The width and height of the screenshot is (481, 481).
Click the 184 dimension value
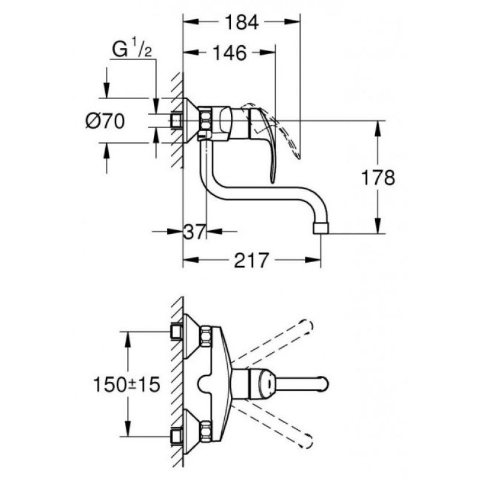coord(242,23)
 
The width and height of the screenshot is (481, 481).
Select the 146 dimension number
coord(230,53)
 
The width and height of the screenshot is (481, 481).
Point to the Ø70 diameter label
coord(105,121)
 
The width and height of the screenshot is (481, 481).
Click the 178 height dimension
coord(378,177)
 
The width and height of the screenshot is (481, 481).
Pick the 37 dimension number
coord(194,232)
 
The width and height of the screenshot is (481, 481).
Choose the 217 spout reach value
coord(251,260)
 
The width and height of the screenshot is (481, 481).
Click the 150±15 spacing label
coord(126,384)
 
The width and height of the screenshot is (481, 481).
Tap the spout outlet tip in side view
coord(321,228)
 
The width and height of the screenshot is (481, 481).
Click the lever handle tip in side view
coord(272,181)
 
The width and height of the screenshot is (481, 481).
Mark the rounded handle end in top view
coord(324,384)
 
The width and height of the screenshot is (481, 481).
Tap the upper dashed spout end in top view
coord(307,327)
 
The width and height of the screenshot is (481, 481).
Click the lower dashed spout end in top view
coord(307,441)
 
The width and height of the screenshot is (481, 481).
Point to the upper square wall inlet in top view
coord(176,332)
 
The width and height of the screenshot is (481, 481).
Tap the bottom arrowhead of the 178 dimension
coord(378,227)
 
